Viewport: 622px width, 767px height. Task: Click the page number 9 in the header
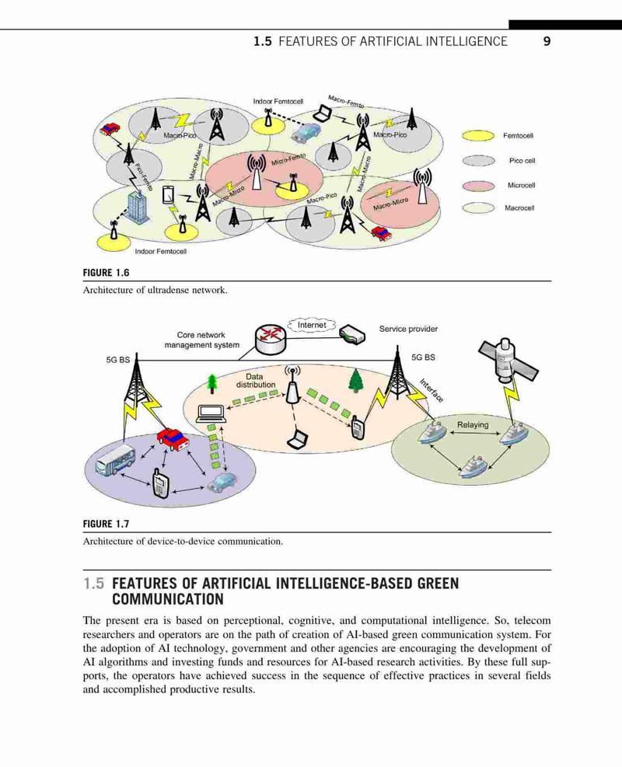coord(547,41)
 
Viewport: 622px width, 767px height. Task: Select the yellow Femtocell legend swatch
coord(478,135)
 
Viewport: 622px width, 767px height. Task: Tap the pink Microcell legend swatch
coord(478,186)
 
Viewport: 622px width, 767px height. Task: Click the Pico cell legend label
coord(522,160)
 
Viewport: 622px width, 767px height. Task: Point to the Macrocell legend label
coord(519,208)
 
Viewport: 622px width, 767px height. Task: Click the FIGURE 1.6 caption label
coord(106,273)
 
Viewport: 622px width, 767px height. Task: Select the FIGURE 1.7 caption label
coord(106,524)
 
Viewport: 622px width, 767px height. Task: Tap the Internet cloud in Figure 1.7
coord(311,325)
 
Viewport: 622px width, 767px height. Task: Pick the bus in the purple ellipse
coord(116,460)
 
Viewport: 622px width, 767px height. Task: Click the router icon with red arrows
coord(270,339)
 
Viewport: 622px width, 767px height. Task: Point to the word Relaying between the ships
coord(473,424)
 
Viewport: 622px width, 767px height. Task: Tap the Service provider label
coord(408,329)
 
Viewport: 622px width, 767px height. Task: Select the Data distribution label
coord(255,381)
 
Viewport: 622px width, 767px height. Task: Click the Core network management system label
coord(201,340)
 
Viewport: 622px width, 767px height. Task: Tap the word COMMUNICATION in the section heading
coord(168,599)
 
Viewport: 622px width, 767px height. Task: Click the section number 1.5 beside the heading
coord(93,584)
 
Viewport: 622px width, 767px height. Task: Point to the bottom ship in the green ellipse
coord(473,466)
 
